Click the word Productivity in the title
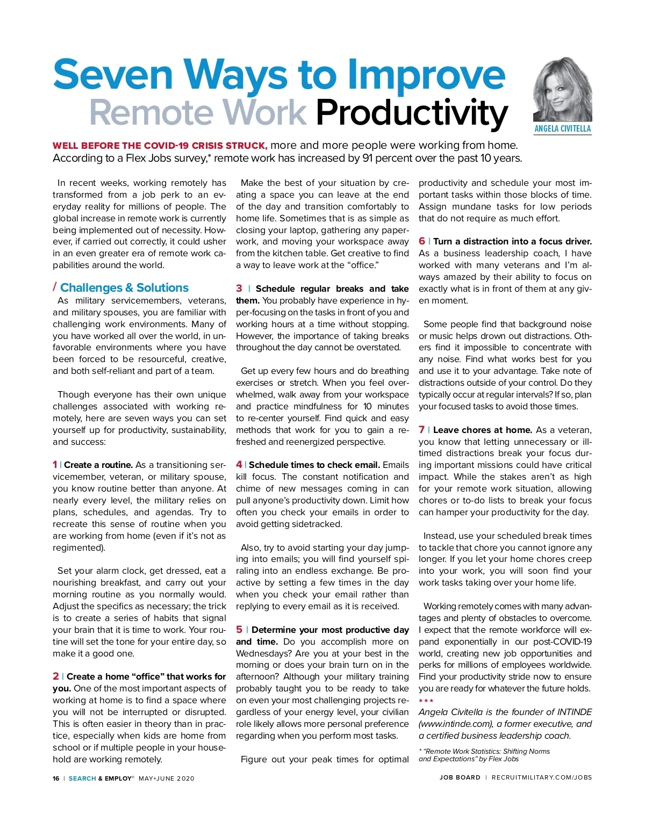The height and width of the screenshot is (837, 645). pos(411,113)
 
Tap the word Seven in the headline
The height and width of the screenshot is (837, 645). pos(113,75)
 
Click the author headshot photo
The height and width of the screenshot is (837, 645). pos(562,90)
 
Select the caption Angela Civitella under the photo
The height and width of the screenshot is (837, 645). pos(562,129)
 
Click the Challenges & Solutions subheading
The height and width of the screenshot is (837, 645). pos(124,287)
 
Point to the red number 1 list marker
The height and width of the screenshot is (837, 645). pos(55,465)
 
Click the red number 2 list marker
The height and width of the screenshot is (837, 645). pos(56,676)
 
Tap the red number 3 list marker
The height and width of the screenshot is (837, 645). pos(239,288)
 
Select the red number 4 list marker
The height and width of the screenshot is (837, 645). pos(239,465)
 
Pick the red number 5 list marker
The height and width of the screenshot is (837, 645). pos(239,630)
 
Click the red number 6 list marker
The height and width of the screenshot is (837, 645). pos(422,241)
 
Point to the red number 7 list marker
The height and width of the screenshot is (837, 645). pos(422,430)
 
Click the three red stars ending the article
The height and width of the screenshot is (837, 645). pos(426,701)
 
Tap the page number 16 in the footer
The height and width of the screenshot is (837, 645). pos(56,778)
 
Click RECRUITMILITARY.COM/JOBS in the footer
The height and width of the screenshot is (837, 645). pos(541,777)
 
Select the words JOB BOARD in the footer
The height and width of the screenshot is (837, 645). pos(460,777)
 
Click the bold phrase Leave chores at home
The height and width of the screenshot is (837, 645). pos(482,430)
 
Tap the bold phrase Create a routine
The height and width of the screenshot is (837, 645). pos(98,465)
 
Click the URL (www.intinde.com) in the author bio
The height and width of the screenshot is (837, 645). pos(455,724)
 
